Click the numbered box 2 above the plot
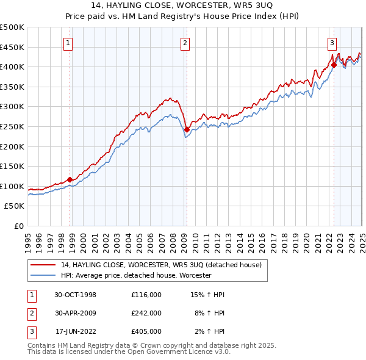pyautogui.click(x=184, y=43)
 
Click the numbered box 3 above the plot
pyautogui.click(x=332, y=43)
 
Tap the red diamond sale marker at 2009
pyautogui.click(x=187, y=129)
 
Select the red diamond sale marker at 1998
pyautogui.click(x=70, y=179)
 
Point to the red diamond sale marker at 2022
pyautogui.click(x=334, y=65)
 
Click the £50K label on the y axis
pyautogui.click(x=15, y=206)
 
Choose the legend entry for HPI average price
pyautogui.click(x=135, y=275)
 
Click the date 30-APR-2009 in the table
pyautogui.click(x=76, y=313)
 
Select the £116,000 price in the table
pyautogui.click(x=146, y=295)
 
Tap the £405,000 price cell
pyautogui.click(x=146, y=331)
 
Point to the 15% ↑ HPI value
pyautogui.click(x=207, y=295)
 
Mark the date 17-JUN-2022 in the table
pyautogui.click(x=76, y=331)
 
